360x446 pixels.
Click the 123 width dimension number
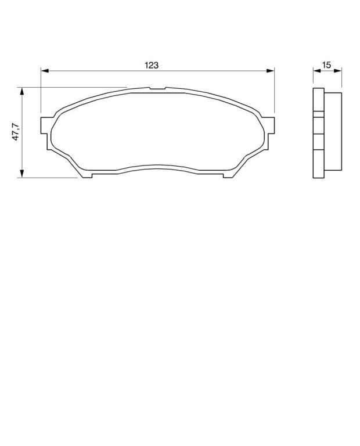152,65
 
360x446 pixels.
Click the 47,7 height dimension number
15,132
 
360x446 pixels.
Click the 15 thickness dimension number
327,65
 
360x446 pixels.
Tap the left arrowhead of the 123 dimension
45,70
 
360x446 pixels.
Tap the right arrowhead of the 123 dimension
271,70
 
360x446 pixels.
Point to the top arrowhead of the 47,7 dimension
22,91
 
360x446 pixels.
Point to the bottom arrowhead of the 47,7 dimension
22,174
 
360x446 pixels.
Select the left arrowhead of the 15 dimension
317,70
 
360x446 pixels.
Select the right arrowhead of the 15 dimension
338,70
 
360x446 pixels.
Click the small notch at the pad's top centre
157,88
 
